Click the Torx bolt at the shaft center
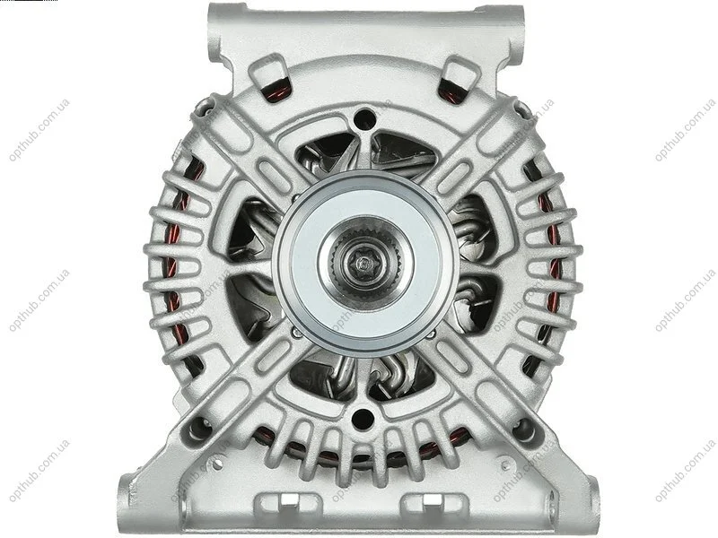click(x=363, y=263)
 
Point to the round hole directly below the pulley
click(x=362, y=418)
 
